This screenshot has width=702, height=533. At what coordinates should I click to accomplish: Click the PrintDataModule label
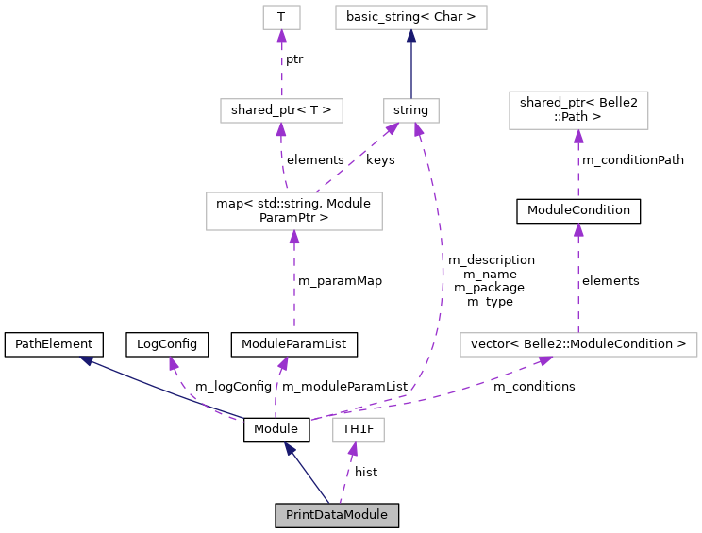click(337, 515)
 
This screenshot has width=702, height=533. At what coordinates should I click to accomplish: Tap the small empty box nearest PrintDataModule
click(359, 430)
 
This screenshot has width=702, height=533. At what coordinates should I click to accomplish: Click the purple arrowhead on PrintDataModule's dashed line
click(353, 450)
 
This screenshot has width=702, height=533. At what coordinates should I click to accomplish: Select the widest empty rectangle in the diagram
click(578, 345)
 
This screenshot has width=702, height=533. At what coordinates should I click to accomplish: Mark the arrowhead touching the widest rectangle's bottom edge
click(544, 361)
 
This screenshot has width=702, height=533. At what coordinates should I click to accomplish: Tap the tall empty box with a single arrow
click(578, 110)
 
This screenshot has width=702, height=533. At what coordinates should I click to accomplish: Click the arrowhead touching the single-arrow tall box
click(578, 137)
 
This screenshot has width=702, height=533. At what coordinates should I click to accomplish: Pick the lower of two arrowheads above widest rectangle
click(578, 230)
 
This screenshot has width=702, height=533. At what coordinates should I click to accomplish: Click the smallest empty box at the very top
click(281, 17)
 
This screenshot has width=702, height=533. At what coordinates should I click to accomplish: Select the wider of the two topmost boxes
click(411, 17)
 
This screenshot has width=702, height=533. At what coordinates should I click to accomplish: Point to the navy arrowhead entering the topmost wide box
click(411, 37)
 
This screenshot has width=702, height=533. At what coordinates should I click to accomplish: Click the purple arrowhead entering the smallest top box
click(281, 37)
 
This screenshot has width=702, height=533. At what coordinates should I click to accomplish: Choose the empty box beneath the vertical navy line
click(411, 110)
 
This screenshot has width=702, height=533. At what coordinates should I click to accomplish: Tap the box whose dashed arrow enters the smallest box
click(281, 110)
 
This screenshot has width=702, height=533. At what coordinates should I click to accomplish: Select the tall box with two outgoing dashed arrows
click(294, 211)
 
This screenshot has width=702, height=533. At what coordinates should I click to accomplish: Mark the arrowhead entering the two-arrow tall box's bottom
click(294, 238)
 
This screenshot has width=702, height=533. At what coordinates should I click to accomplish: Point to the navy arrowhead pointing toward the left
click(86, 359)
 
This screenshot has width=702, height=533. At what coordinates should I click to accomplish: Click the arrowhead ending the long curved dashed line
click(418, 130)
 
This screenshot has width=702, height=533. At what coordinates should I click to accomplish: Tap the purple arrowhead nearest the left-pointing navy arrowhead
click(174, 363)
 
